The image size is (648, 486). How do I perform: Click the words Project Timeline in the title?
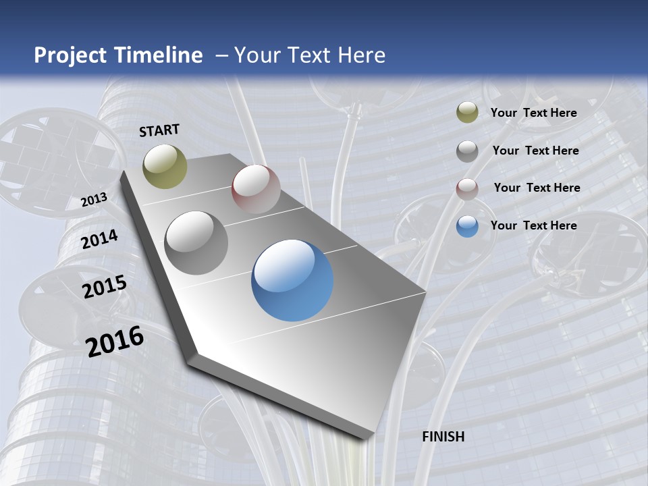(x=118, y=55)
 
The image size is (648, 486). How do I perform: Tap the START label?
(x=159, y=130)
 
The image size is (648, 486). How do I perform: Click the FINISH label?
(x=443, y=437)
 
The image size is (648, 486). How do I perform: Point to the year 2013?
(x=94, y=200)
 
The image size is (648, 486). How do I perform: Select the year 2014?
(x=100, y=239)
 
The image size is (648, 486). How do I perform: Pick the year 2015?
(x=105, y=286)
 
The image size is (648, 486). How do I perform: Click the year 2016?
(x=115, y=341)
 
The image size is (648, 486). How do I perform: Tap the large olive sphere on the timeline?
(x=165, y=166)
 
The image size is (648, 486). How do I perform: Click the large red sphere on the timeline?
(x=256, y=189)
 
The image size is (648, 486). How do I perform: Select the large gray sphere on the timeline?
(x=196, y=243)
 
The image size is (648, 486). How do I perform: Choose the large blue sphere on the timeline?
(x=292, y=280)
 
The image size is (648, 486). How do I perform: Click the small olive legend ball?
(x=467, y=112)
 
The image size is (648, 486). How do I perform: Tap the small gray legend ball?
(x=467, y=151)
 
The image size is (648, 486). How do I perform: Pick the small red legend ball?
(x=467, y=189)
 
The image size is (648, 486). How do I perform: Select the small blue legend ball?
(x=467, y=226)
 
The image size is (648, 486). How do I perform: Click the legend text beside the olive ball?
(x=534, y=113)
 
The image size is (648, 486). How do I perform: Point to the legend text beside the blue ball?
(x=534, y=225)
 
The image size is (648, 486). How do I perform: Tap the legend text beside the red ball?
(x=537, y=188)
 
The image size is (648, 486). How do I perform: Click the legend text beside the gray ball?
(x=536, y=151)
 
